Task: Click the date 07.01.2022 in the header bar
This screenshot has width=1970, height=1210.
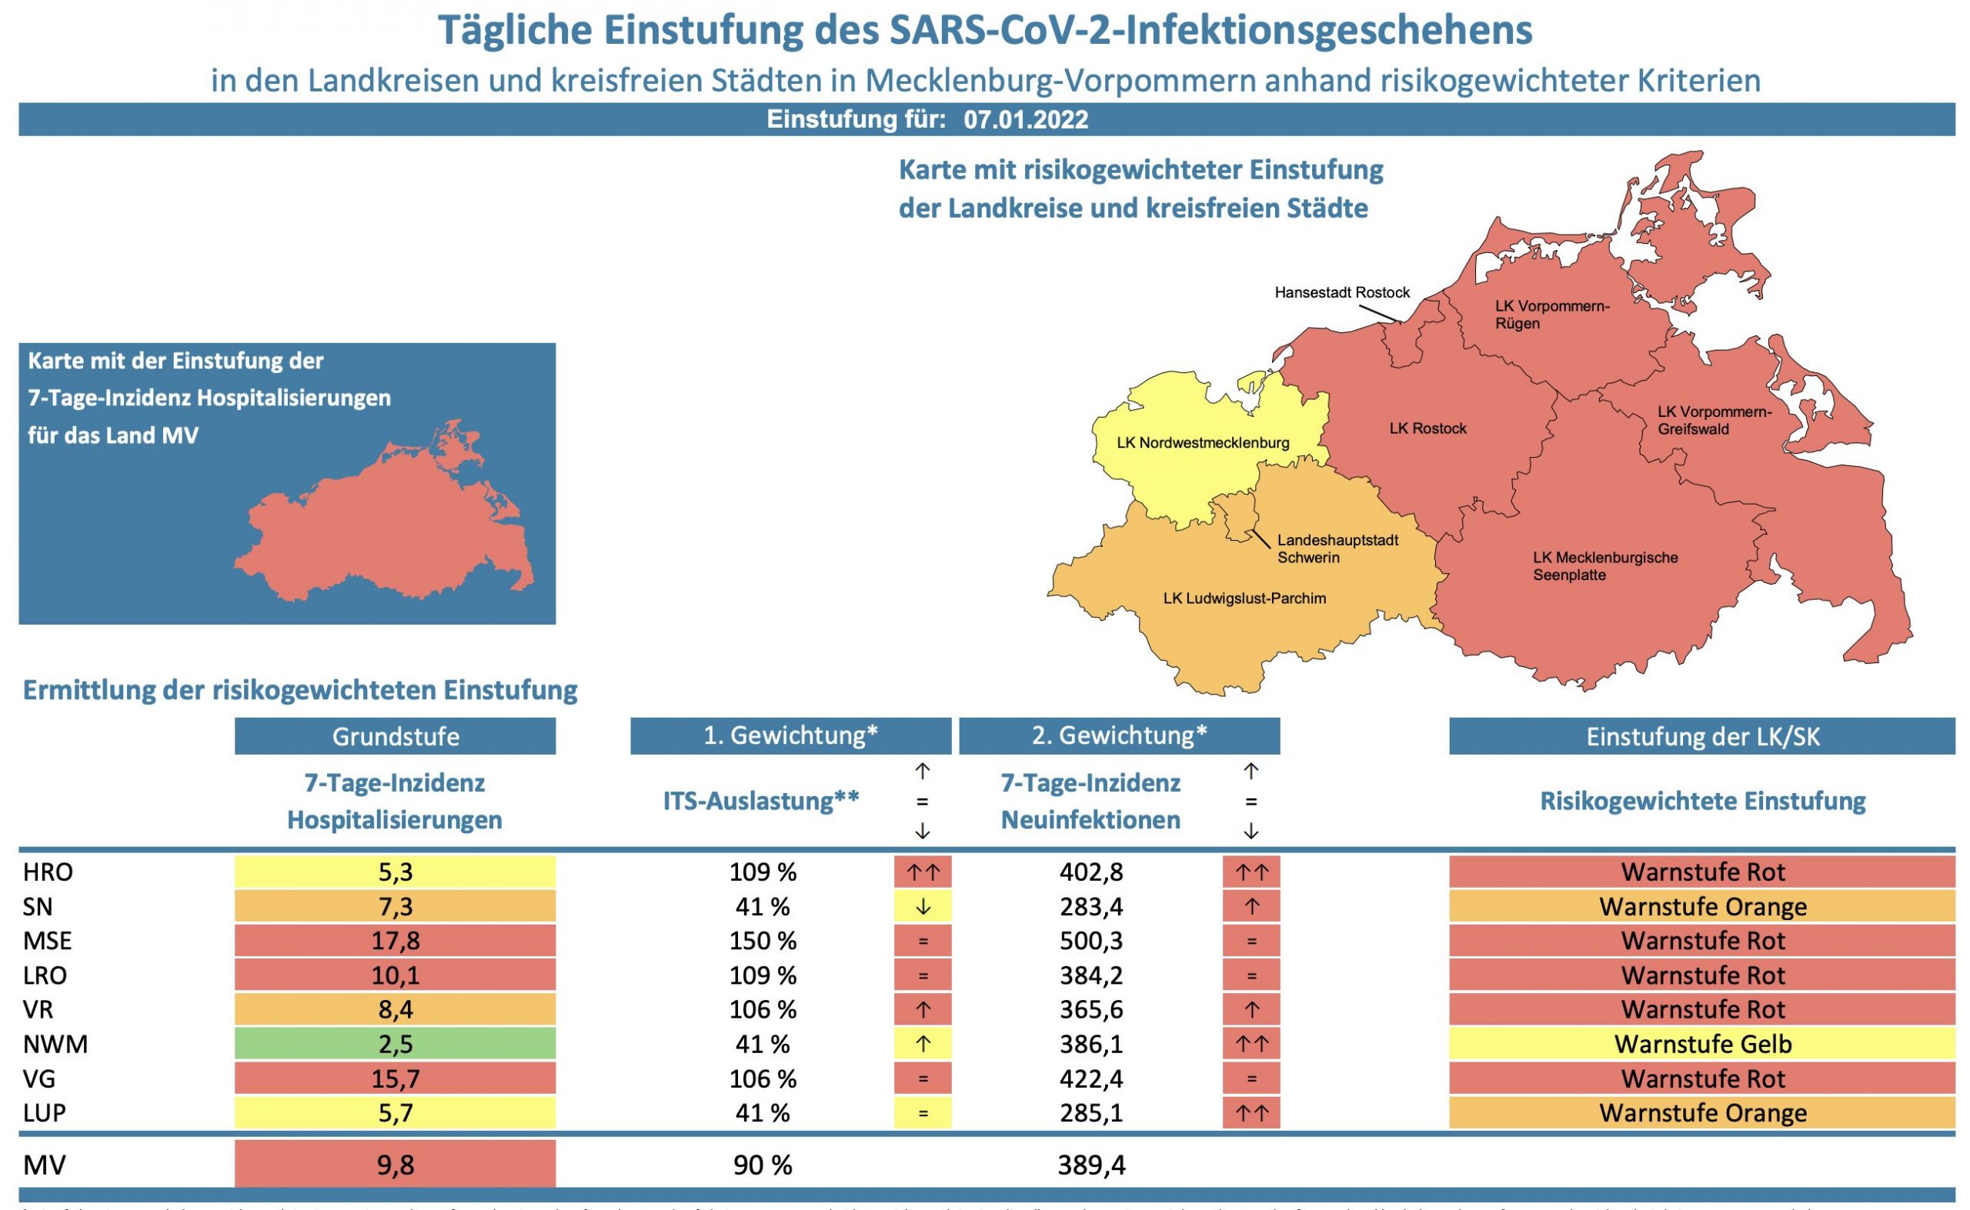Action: click(x=1026, y=120)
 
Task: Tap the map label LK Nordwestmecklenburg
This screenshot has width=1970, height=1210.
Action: click(x=1202, y=442)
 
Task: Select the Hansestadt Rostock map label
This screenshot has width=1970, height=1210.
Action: click(x=1341, y=293)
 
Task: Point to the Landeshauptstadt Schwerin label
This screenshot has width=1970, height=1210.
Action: click(x=1337, y=549)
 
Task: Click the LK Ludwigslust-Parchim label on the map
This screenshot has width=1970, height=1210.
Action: click(x=1244, y=598)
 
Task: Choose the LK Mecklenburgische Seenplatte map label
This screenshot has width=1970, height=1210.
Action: click(x=1605, y=567)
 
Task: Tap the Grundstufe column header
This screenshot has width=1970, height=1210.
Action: click(x=395, y=736)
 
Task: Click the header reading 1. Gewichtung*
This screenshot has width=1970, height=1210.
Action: click(x=790, y=735)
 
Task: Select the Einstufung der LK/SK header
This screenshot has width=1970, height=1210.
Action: click(x=1702, y=736)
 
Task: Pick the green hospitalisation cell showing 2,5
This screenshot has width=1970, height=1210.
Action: click(x=395, y=1045)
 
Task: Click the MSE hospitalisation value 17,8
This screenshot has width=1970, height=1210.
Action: click(x=395, y=941)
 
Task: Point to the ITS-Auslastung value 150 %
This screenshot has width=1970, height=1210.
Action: click(x=762, y=941)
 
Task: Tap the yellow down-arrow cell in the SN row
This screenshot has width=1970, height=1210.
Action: click(x=922, y=907)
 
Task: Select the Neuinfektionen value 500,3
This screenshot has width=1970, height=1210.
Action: click(x=1090, y=941)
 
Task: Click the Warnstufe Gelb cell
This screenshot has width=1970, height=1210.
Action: click(x=1702, y=1045)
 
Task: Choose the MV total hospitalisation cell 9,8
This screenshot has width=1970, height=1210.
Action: click(x=395, y=1165)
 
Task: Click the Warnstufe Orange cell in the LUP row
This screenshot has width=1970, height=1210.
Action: click(x=1702, y=1113)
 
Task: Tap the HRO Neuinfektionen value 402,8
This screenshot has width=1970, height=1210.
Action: click(x=1090, y=872)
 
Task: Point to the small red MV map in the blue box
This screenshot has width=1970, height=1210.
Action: click(x=384, y=520)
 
